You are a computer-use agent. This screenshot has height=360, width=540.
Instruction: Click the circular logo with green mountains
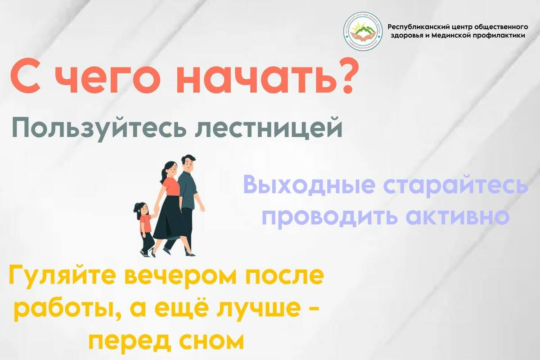tap(363, 31)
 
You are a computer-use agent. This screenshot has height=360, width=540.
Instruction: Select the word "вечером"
tap(180, 277)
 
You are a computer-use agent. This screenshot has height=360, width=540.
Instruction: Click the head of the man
tap(188, 164)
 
